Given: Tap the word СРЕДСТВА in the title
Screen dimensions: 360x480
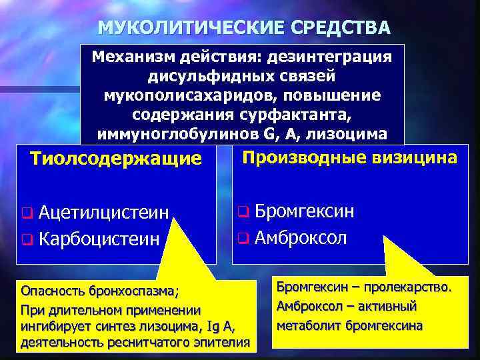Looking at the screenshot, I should [x=341, y=28].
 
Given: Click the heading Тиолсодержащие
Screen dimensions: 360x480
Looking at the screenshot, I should [x=116, y=159].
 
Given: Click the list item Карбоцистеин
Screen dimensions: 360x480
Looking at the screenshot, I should [x=99, y=238].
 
